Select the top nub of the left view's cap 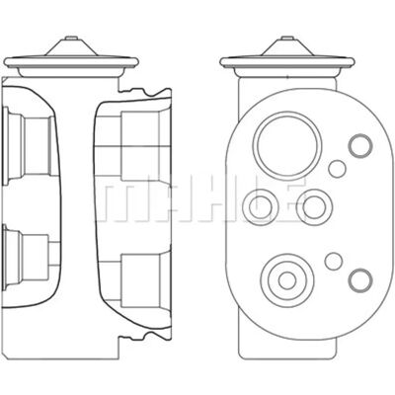[x=71, y=39]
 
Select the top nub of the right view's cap [x=287, y=39]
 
